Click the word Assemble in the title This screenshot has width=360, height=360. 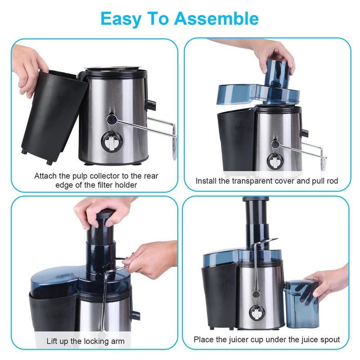click(216, 18)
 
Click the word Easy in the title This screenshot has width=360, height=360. click(119, 18)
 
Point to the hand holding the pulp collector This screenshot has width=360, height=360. click(29, 67)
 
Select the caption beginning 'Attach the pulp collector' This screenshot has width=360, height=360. click(96, 180)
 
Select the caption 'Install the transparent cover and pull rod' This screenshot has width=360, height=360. click(267, 181)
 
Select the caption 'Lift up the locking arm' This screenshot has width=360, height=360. click(85, 341)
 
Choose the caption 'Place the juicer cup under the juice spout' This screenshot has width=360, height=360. click(267, 339)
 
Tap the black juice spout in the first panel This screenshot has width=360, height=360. click(150, 105)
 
